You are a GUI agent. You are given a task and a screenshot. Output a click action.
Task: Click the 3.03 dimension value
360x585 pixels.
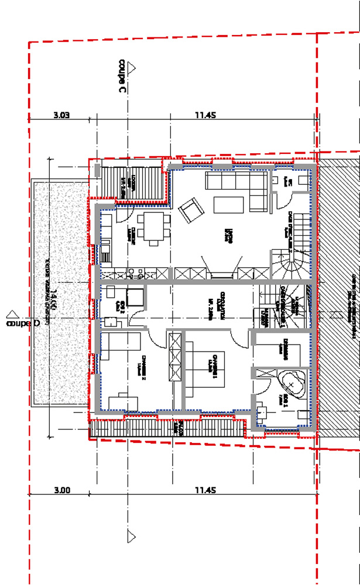pos(61,116)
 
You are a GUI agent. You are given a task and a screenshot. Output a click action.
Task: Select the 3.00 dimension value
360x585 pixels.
pos(61,490)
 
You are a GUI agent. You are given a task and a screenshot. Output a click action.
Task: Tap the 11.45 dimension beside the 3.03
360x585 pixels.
pos(205,116)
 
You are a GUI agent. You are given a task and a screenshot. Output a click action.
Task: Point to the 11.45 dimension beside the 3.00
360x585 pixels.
pos(205,490)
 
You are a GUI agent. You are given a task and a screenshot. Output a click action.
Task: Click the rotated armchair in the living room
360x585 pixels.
pos(190,210)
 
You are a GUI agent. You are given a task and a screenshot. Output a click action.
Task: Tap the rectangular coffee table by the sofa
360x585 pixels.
pos(228,205)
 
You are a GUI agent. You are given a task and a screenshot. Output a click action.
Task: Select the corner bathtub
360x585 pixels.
pos(291,381)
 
